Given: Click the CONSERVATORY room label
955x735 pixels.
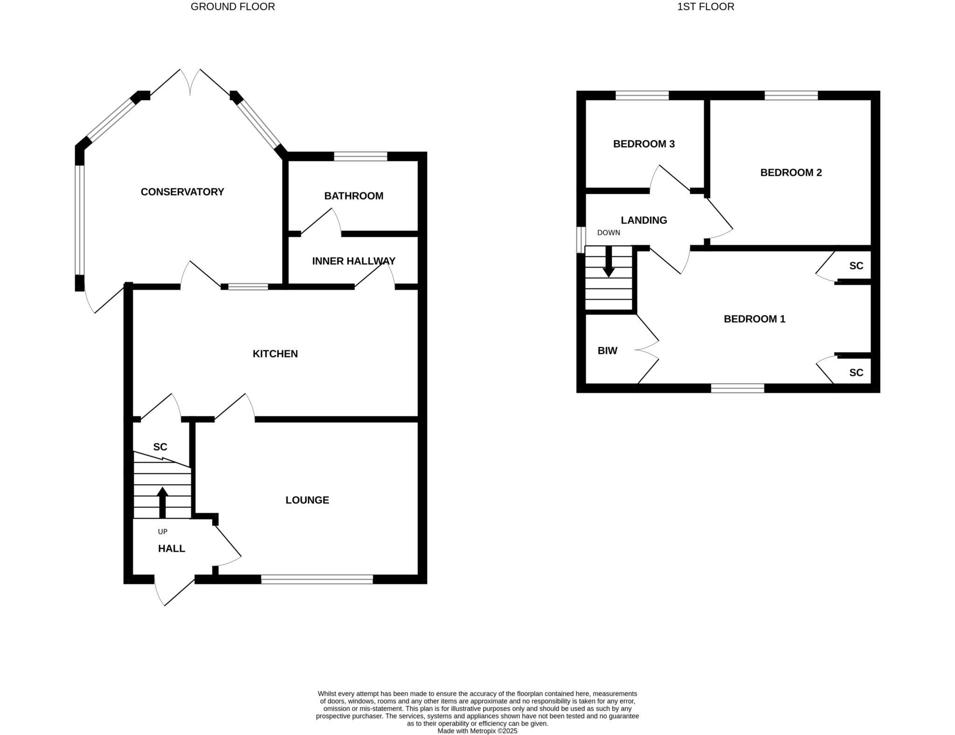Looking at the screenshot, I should click(182, 192).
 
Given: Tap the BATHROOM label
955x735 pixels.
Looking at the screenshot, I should click(353, 196).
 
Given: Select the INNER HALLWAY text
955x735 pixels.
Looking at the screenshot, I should click(353, 261).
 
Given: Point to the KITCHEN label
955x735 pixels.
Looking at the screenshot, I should click(275, 354).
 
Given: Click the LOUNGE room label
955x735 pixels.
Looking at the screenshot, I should click(307, 500).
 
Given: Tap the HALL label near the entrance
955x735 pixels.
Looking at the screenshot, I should click(172, 549).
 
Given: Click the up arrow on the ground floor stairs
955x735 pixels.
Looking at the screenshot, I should click(162, 502).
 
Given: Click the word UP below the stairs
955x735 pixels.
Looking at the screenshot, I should click(162, 532).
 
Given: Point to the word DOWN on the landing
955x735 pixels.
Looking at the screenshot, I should click(609, 233).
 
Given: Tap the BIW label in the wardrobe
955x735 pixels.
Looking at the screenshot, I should click(607, 351).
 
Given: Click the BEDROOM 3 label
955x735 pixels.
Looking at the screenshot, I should click(644, 144).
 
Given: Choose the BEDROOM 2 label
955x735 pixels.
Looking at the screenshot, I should click(791, 172).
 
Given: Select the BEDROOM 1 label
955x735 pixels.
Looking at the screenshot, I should click(754, 319).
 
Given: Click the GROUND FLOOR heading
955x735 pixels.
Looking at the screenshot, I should click(233, 7).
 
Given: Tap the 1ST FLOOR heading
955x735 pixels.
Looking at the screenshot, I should click(706, 7).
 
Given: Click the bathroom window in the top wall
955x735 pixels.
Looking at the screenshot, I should click(360, 156).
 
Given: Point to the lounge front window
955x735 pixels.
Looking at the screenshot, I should click(317, 579).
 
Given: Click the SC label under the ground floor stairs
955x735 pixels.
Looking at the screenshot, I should click(160, 447).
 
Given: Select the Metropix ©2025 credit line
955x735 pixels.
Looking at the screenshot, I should click(477, 731).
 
